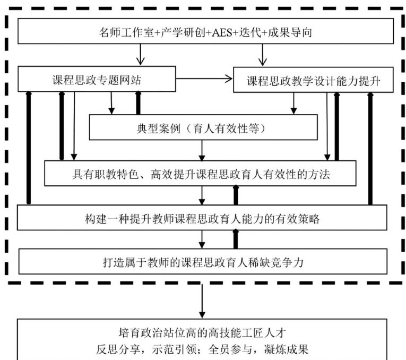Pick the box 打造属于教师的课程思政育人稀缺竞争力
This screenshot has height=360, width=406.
coord(202,261)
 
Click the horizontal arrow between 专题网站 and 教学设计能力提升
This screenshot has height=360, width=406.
coord(204,80)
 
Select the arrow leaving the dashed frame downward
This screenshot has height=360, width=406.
coord(202,300)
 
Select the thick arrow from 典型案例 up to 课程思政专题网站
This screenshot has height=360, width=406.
coord(139,103)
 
